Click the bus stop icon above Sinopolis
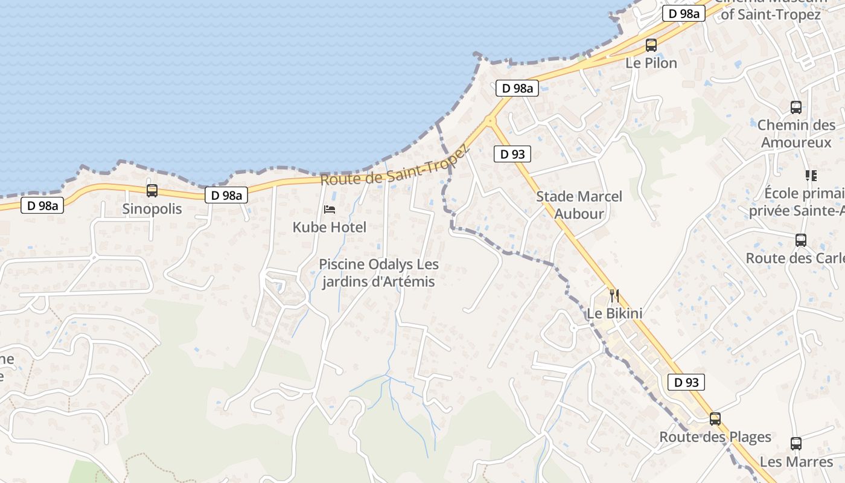[x=152, y=191]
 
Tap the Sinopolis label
[x=152, y=209]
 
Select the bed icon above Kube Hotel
[x=330, y=210]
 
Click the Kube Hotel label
[x=330, y=227]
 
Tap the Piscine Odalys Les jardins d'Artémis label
[x=378, y=273]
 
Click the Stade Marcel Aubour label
[x=579, y=205]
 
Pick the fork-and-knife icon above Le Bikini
[x=614, y=296]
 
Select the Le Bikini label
[x=614, y=313]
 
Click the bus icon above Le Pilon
[x=651, y=45]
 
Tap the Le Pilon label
[x=651, y=63]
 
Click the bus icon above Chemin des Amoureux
[x=796, y=107]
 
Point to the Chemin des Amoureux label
[x=796, y=133]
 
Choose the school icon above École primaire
[x=811, y=176]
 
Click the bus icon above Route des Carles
[x=801, y=240]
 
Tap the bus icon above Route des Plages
[x=715, y=418]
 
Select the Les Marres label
[x=796, y=462]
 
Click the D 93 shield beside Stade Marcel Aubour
[x=512, y=154]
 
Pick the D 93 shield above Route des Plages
[x=686, y=382]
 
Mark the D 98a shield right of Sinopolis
[x=226, y=195]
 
